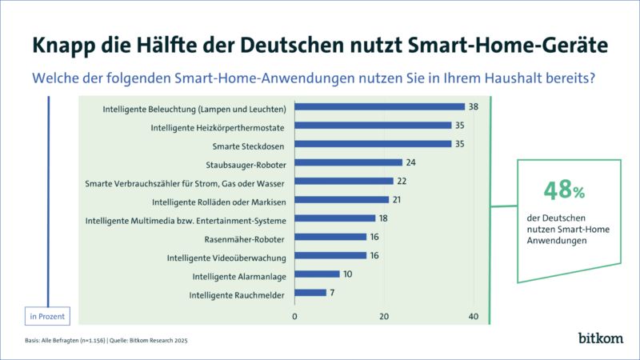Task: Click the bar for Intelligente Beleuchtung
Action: tap(380, 106)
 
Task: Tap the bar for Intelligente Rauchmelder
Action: tap(310, 293)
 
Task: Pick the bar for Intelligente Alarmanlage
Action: tap(318, 274)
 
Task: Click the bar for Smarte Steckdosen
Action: tap(373, 144)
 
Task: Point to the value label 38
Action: tap(474, 106)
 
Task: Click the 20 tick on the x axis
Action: tap(384, 317)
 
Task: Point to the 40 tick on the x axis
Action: tap(473, 317)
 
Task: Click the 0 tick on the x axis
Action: tap(295, 317)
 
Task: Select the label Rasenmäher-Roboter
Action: tap(249, 238)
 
